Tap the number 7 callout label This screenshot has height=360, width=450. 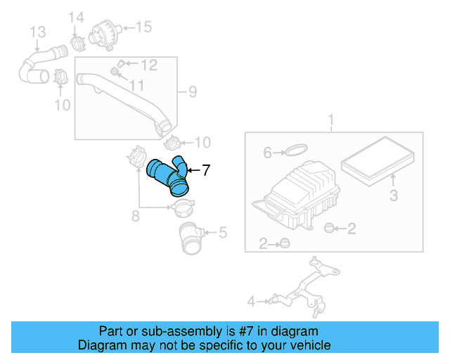(x=206, y=169)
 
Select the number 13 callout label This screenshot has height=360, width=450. (x=37, y=32)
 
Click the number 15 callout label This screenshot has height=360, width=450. (x=143, y=27)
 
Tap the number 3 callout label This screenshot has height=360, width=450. (x=394, y=193)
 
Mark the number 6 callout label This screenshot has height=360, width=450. (x=267, y=152)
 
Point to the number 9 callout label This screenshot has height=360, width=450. (x=192, y=91)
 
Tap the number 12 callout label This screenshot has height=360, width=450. (x=148, y=65)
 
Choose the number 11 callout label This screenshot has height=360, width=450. (x=136, y=85)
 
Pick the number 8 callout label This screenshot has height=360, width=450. (x=136, y=216)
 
